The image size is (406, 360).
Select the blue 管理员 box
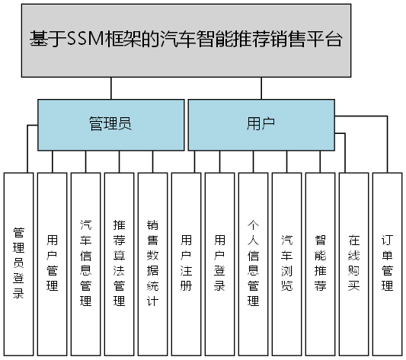point(110,125)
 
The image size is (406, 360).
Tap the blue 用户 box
point(261,125)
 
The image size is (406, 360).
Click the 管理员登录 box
point(19,263)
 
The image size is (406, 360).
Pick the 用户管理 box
point(53,263)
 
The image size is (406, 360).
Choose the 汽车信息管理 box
point(86,263)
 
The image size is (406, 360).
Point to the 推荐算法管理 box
point(120,263)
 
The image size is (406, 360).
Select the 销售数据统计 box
point(152,263)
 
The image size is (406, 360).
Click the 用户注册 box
point(187,263)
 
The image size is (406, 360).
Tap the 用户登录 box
point(220,263)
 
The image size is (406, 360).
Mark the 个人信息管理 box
point(254,263)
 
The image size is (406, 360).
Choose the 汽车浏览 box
point(287,263)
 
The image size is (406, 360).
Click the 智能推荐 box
point(321,263)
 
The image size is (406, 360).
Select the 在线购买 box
point(354,263)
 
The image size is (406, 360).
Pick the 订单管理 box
point(388,263)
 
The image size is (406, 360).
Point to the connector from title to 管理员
point(111,89)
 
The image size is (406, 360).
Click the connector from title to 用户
point(261,89)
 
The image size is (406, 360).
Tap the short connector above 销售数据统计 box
point(152,161)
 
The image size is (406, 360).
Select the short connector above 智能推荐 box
point(321,161)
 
